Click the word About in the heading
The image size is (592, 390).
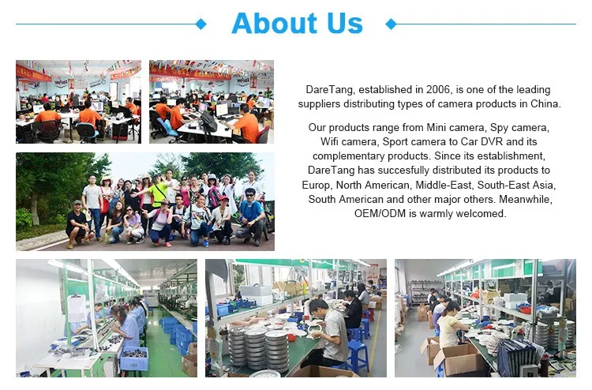(x=275, y=23)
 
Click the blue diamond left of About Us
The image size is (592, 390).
(x=201, y=24)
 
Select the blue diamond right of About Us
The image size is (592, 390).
(x=392, y=24)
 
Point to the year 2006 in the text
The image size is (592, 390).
(x=438, y=89)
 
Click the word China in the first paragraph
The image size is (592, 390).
(x=545, y=104)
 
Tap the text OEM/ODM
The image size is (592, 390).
(x=380, y=213)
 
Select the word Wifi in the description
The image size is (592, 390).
(x=329, y=141)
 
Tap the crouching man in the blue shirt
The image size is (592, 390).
(x=251, y=217)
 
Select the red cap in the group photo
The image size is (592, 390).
(x=224, y=198)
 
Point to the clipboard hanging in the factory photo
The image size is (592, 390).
(x=77, y=308)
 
